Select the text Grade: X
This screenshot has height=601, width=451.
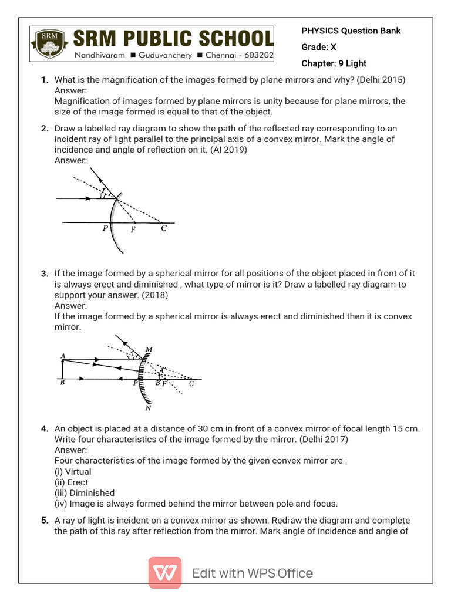coord(319,47)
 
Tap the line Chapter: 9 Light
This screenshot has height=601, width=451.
coord(334,63)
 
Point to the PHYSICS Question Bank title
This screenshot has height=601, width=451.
coord(351,31)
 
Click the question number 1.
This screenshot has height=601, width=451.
coord(45,80)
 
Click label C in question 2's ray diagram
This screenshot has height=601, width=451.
coord(164,229)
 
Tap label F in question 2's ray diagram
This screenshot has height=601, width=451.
coord(133,230)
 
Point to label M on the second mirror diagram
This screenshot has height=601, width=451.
coord(149,350)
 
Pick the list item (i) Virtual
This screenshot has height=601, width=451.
coord(73,471)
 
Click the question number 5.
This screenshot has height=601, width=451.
coord(45,521)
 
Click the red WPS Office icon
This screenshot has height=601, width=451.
coord(165,573)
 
